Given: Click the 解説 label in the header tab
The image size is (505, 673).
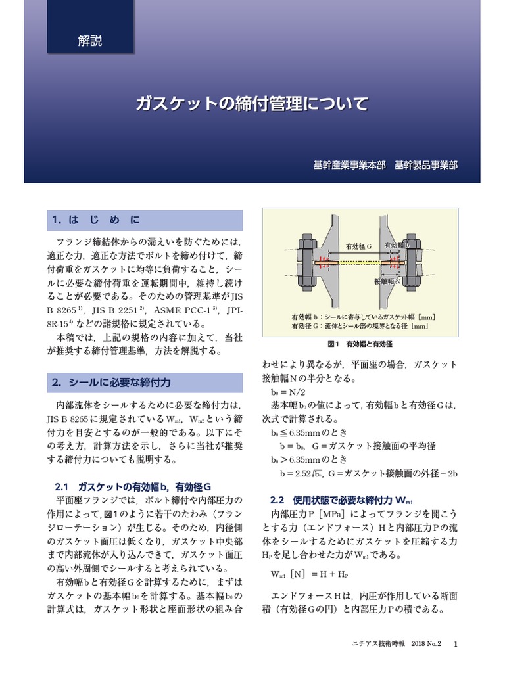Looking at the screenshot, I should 90,41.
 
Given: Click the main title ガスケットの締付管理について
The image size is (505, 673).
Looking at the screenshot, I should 252,103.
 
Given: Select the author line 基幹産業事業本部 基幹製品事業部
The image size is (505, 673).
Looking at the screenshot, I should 385,165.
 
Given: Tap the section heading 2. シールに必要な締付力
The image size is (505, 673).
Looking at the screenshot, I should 111,382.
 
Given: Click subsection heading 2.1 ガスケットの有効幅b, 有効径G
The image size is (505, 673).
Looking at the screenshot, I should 132,486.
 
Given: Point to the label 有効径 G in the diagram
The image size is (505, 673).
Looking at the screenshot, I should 359,246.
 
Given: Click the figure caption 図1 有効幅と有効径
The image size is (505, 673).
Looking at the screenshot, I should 360,344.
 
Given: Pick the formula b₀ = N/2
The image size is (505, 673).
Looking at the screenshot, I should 289,392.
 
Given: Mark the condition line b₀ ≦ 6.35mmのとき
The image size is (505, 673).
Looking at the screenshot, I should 309,434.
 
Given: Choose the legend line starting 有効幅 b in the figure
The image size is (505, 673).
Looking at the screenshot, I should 363,316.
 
